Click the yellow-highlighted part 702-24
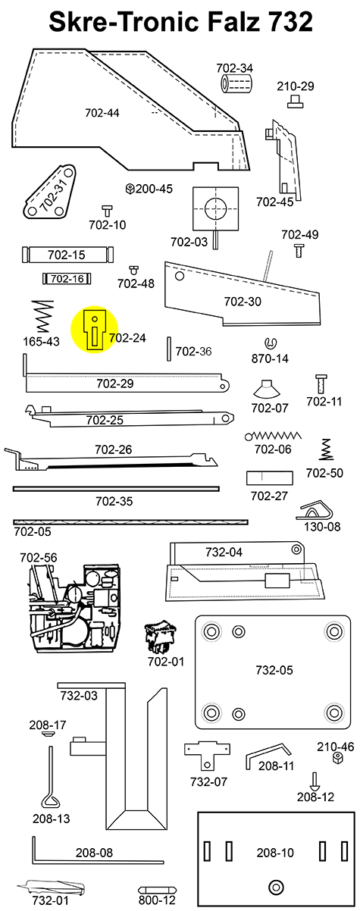click(x=94, y=330)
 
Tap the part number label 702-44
click(x=102, y=114)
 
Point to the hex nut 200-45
click(x=130, y=188)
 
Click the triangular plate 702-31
click(x=52, y=196)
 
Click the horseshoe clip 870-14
click(x=271, y=343)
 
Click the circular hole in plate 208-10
click(x=275, y=886)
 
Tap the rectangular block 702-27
click(x=268, y=478)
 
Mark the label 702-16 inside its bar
click(x=67, y=279)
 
